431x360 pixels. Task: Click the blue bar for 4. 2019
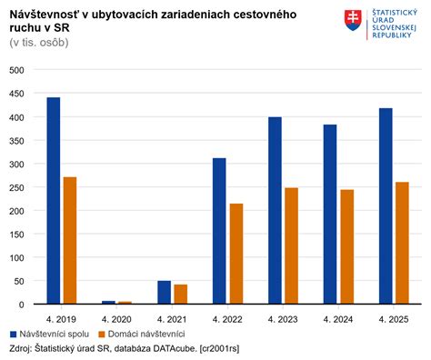point(54,201)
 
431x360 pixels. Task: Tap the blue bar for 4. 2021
point(164,292)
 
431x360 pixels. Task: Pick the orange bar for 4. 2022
point(236,254)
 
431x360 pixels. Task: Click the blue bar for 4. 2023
point(275,211)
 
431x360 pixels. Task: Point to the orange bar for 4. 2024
point(346,246)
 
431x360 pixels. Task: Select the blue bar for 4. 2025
point(385,206)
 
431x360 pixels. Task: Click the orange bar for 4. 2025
point(402,243)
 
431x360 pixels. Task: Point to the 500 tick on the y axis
point(16,71)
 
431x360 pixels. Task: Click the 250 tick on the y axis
point(16,187)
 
